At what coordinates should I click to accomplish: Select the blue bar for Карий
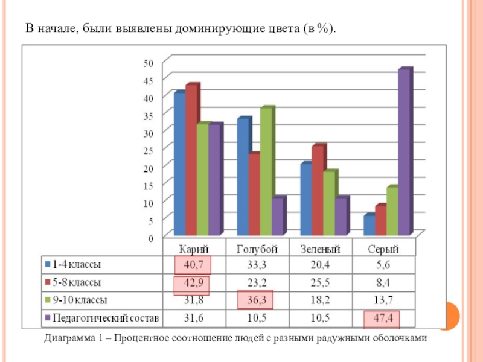[179, 164]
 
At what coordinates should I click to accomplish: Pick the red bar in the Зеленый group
[318, 190]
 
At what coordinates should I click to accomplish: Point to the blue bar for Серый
[368, 224]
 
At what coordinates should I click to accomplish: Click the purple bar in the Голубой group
[277, 216]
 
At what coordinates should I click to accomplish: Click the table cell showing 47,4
[382, 318]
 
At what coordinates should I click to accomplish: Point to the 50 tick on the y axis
[149, 62]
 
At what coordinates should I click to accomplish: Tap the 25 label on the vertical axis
[149, 150]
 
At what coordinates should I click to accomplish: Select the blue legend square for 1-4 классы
[46, 264]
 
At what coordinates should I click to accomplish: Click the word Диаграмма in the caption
[67, 339]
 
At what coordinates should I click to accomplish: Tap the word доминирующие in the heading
[210, 28]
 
